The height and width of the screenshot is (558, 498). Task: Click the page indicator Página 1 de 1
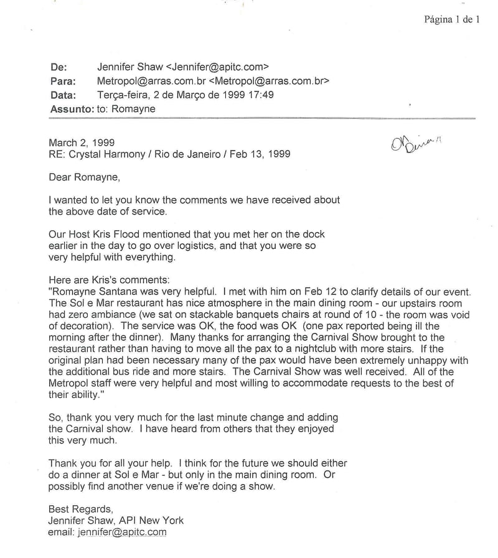tap(452, 19)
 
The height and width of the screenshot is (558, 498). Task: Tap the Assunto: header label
tap(70, 109)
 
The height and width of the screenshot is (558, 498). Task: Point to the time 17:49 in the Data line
tap(261, 95)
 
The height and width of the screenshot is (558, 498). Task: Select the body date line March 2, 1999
tap(82, 142)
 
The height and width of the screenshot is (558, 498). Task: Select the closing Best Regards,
tap(81, 509)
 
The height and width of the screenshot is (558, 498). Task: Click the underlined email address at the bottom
tap(122, 532)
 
